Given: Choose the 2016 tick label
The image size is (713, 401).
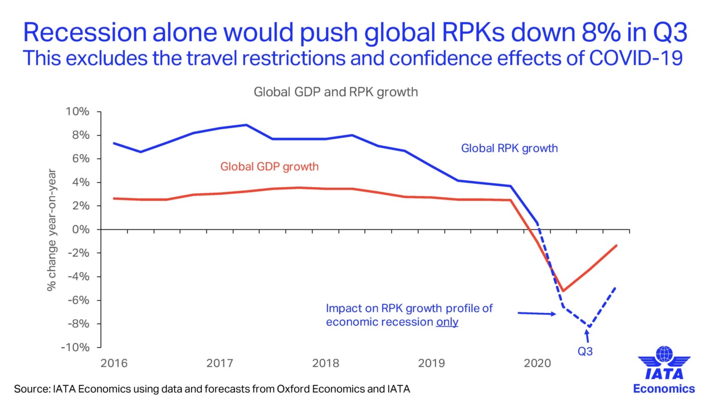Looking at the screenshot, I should (x=114, y=364).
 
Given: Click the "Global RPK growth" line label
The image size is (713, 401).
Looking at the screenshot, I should (x=509, y=149).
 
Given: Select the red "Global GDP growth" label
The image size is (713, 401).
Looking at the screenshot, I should (x=269, y=166).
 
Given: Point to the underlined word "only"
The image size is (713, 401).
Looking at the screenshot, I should (x=447, y=322).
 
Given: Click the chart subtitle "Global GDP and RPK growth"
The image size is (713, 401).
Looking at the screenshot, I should (x=335, y=92).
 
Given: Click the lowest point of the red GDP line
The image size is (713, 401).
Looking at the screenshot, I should (x=563, y=291).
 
